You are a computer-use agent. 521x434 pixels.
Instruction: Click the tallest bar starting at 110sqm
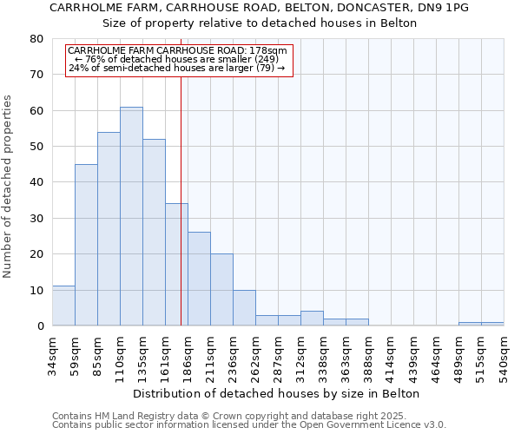click(x=131, y=216)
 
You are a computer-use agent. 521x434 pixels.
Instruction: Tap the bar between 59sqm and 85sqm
click(x=86, y=245)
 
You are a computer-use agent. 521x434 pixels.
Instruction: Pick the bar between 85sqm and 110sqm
click(x=109, y=229)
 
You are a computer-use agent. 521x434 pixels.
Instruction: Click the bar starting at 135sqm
click(x=154, y=233)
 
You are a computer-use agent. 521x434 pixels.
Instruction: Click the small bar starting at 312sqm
click(x=312, y=319)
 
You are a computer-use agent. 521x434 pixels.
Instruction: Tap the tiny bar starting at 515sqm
click(x=492, y=324)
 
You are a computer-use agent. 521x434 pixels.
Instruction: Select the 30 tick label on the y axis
click(x=36, y=219)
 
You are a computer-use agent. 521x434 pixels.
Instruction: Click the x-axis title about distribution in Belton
click(x=277, y=393)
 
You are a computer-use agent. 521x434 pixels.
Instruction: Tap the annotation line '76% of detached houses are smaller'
click(x=181, y=59)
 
